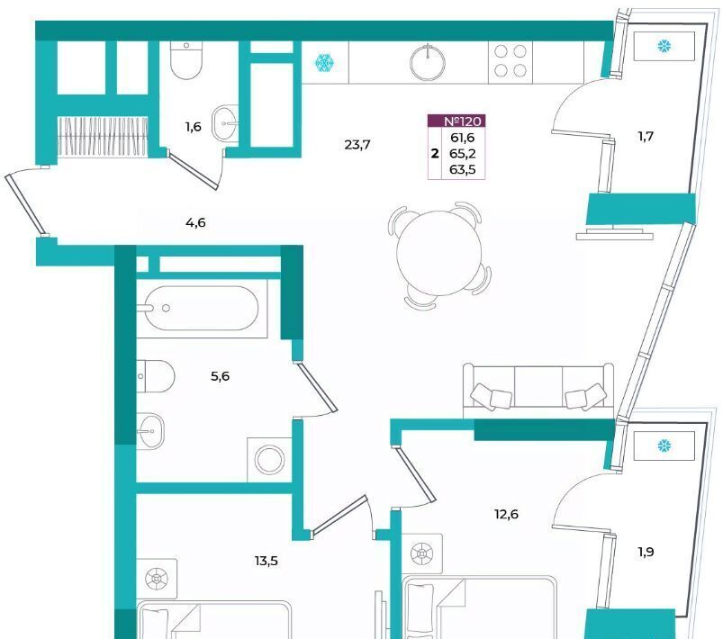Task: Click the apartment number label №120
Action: coord(463,121)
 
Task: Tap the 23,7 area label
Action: coord(357,145)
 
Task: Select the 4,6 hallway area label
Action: coord(195,223)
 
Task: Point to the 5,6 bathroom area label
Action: coord(220,376)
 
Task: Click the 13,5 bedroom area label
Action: coord(266,561)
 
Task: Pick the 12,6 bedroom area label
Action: coord(506,514)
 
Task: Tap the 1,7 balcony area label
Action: coord(646,137)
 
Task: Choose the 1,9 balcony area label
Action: coord(646,552)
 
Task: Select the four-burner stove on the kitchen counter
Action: coord(511,61)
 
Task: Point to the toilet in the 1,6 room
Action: coord(186,60)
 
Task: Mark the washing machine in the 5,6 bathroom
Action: coord(269,460)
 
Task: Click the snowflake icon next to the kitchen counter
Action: coord(325,63)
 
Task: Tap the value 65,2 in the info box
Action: coord(463,154)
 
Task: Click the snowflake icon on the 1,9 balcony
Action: coord(664,445)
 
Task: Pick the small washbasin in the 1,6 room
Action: coord(226,123)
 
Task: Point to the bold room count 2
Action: coord(435,154)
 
